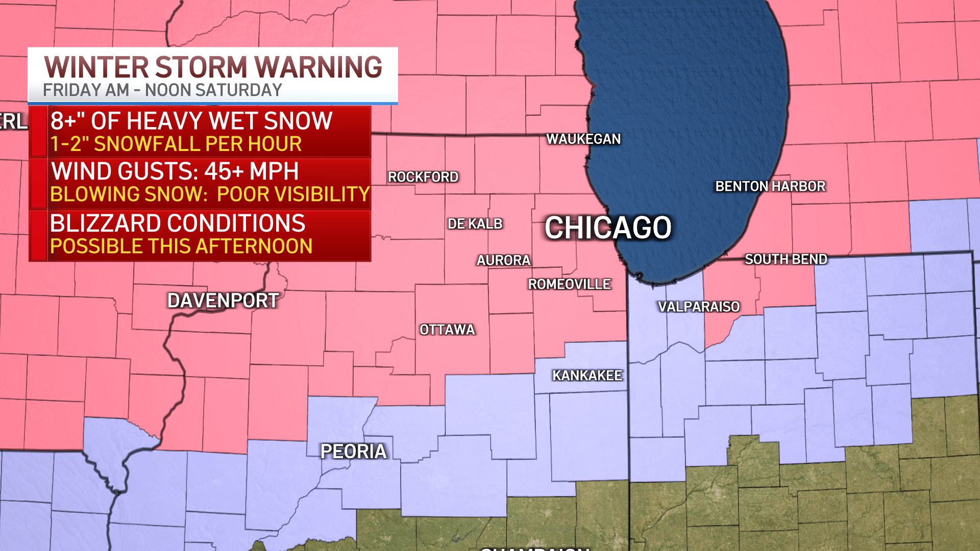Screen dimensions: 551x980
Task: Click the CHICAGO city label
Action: (x=607, y=228)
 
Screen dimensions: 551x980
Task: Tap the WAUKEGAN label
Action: (x=583, y=139)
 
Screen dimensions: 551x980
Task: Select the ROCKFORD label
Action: (x=423, y=177)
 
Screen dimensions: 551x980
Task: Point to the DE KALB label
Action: (x=475, y=223)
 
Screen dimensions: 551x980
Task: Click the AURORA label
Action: (x=503, y=260)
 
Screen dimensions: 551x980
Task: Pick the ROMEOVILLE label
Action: (x=569, y=284)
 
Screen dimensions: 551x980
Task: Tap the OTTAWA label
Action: (x=447, y=330)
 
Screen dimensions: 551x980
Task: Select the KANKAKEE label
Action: (x=587, y=375)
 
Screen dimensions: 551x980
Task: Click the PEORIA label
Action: (x=353, y=452)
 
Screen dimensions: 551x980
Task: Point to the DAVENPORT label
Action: (x=223, y=300)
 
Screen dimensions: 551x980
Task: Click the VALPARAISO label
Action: (x=699, y=307)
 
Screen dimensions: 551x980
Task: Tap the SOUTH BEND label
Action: (x=786, y=259)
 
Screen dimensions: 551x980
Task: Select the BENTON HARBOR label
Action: (x=770, y=186)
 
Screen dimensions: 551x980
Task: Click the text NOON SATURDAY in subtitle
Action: (x=213, y=90)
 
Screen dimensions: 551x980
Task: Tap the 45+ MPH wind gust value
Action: (x=251, y=171)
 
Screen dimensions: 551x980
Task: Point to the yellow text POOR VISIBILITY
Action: (x=293, y=194)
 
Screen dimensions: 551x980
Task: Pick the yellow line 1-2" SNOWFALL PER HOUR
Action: (x=176, y=144)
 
